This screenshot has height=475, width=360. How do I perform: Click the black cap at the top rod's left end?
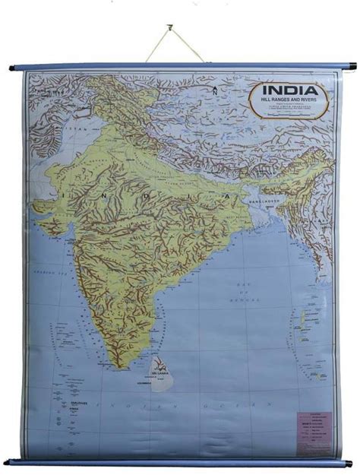13,68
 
